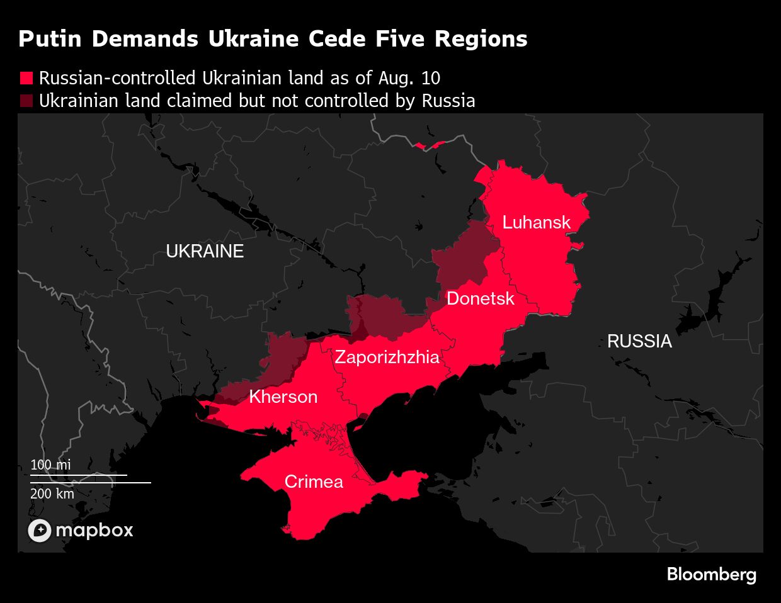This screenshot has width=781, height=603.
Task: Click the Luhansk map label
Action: click(x=536, y=222)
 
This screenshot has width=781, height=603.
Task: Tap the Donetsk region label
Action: click(x=480, y=298)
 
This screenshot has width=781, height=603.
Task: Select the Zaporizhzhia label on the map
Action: click(x=387, y=358)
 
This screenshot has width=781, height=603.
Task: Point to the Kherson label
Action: click(x=283, y=397)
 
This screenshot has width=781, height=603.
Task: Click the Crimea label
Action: click(x=314, y=482)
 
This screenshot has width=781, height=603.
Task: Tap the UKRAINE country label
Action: click(x=205, y=251)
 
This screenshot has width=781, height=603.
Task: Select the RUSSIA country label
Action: click(x=639, y=341)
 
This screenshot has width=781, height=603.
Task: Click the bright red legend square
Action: click(x=26, y=78)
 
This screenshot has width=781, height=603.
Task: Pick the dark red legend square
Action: click(x=26, y=101)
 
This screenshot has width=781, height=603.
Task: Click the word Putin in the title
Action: click(x=50, y=39)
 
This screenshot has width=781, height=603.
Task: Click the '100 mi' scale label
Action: click(x=50, y=465)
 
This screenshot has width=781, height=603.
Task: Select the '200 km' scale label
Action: click(x=52, y=493)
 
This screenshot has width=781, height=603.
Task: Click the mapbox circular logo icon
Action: click(x=39, y=531)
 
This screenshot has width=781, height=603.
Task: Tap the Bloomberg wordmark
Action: click(x=711, y=575)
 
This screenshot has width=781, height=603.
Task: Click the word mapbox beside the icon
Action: click(x=94, y=531)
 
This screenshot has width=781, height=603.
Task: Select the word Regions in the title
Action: click(x=481, y=39)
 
